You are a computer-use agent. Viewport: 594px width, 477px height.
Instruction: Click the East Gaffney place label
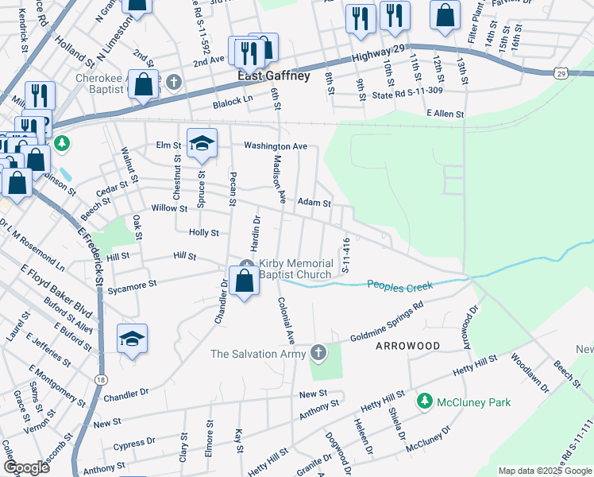pos(273,76)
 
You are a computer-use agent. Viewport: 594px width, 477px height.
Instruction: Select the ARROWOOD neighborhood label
pos(407,346)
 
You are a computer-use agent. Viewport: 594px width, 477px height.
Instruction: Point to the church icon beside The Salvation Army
pos(318,352)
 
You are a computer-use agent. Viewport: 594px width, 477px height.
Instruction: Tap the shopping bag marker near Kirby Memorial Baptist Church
pos(245,281)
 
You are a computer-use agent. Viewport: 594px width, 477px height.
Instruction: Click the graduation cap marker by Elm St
pos(202,144)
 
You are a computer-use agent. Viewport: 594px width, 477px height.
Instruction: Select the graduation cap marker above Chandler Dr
pos(133,339)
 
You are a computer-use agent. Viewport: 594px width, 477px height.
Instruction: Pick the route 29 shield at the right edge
pos(561,73)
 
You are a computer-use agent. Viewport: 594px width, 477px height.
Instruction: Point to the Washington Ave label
pos(275,146)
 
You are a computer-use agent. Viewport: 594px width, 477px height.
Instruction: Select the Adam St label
pos(314,204)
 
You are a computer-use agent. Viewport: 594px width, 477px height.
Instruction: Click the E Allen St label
pos(445,114)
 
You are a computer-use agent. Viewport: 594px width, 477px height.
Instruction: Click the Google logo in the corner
pos(26,467)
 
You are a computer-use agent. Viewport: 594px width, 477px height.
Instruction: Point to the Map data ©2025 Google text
pos(544,471)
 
